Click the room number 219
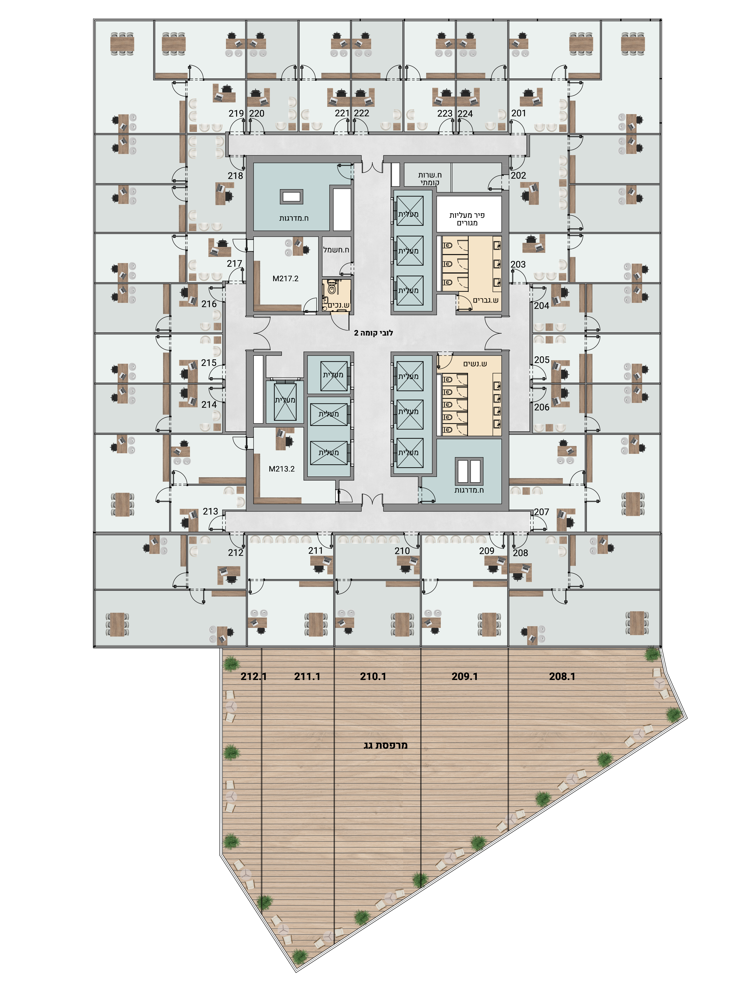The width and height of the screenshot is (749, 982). pyautogui.click(x=236, y=114)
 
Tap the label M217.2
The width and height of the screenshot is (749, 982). pyautogui.click(x=285, y=279)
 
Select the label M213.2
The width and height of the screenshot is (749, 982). pyautogui.click(x=282, y=469)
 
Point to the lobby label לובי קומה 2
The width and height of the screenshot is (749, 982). pyautogui.click(x=373, y=333)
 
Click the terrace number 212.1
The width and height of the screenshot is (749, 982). pyautogui.click(x=254, y=676)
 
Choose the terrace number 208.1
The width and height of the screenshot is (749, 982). pyautogui.click(x=562, y=676)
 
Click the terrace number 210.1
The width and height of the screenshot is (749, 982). pyautogui.click(x=373, y=676)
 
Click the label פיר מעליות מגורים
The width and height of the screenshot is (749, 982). pyautogui.click(x=467, y=219)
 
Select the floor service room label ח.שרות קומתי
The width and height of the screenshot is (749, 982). pyautogui.click(x=430, y=179)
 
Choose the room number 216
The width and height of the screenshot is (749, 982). pyautogui.click(x=209, y=304)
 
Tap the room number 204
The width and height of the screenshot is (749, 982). pyautogui.click(x=542, y=306)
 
